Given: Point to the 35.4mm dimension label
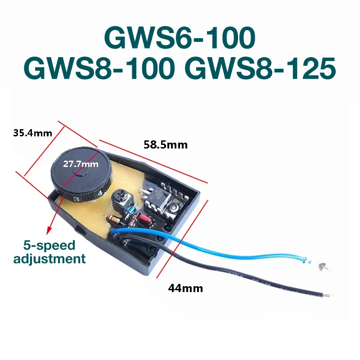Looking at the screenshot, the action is click(33, 133).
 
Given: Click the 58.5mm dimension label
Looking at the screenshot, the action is click(165, 145).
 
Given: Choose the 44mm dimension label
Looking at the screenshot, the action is click(185, 288).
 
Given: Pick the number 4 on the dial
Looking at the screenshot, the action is click(99, 193).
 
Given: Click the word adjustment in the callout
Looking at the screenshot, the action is click(49, 258).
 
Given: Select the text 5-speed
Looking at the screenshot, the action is click(49, 245).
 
